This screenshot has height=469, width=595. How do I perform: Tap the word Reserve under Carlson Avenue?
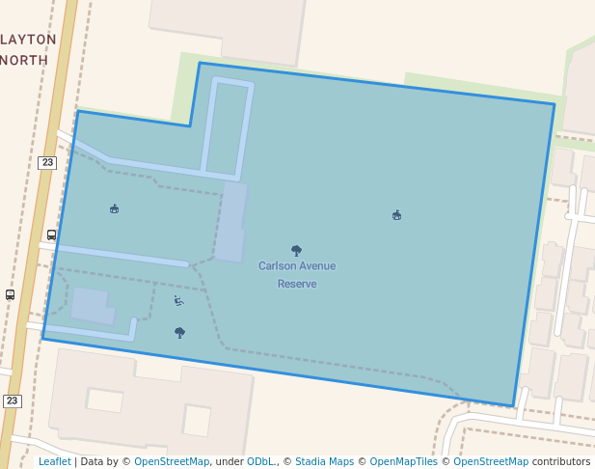pyautogui.click(x=297, y=284)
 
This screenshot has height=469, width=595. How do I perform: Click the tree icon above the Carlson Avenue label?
pyautogui.click(x=296, y=251)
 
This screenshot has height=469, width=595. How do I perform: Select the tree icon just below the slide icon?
pyautogui.click(x=179, y=333)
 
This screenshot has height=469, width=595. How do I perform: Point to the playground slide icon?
pyautogui.click(x=178, y=301)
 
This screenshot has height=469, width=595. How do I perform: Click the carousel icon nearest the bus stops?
pyautogui.click(x=115, y=208)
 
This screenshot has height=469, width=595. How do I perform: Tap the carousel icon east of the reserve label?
pyautogui.click(x=396, y=215)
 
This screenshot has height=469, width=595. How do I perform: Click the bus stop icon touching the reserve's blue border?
pyautogui.click(x=51, y=234)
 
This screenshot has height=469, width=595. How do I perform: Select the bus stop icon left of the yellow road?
pyautogui.click(x=10, y=294)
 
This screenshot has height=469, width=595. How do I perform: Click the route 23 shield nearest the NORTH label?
pyautogui.click(x=47, y=163)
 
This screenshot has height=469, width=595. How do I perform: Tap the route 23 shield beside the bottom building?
pyautogui.click(x=12, y=400)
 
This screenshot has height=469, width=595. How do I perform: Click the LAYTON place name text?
pyautogui.click(x=29, y=40)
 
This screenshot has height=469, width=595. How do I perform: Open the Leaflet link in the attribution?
pyautogui.click(x=55, y=461)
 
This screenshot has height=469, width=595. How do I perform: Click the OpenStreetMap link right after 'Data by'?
pyautogui.click(x=172, y=461)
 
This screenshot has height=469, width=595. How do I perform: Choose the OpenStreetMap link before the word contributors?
pyautogui.click(x=491, y=461)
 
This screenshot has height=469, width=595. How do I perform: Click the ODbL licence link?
pyautogui.click(x=260, y=461)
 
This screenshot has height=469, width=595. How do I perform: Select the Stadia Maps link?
pyautogui.click(x=324, y=461)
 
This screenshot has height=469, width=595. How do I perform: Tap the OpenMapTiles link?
pyautogui.click(x=403, y=461)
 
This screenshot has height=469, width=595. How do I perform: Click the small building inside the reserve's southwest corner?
pyautogui.click(x=93, y=306)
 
